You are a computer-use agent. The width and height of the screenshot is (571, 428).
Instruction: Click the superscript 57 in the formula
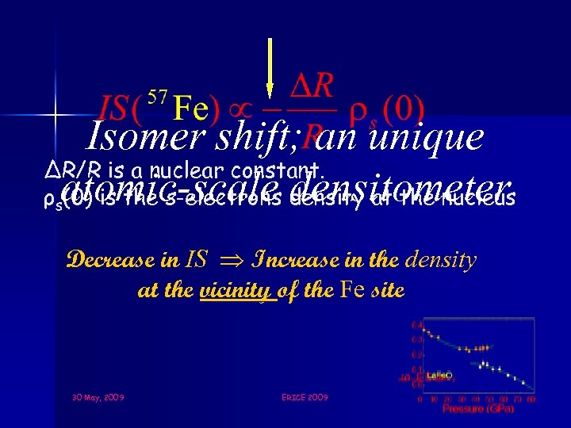[157, 97]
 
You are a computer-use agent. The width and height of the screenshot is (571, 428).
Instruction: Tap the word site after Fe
[387, 290]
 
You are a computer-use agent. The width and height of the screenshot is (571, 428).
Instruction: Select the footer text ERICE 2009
[304, 396]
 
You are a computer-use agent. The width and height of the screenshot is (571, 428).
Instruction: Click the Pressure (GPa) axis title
[478, 409]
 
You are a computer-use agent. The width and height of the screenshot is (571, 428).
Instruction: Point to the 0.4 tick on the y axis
[416, 324]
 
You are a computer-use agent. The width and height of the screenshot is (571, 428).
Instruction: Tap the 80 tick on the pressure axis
[532, 399]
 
